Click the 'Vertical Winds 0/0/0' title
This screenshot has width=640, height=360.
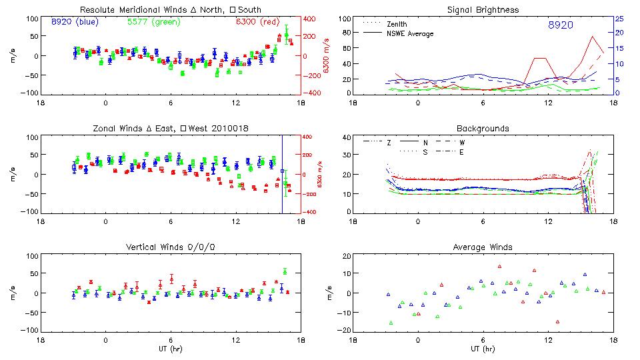coord(170,247)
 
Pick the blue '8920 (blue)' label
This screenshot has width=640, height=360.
coord(75,22)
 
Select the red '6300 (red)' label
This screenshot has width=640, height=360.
coord(258,22)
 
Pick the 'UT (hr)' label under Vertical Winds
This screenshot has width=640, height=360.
coord(170,348)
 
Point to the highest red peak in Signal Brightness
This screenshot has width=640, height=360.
coord(593,37)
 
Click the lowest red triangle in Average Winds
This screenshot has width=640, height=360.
coord(557,321)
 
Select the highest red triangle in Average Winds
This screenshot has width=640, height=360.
coord(499,267)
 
